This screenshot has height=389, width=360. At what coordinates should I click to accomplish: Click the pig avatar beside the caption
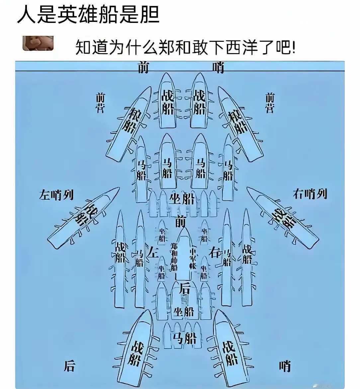(38, 43)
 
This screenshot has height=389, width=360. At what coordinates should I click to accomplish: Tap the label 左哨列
(56, 194)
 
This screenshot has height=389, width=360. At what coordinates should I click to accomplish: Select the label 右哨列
(310, 194)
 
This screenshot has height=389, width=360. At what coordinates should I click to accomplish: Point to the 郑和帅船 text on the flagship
(174, 256)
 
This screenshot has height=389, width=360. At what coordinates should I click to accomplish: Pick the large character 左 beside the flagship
(153, 252)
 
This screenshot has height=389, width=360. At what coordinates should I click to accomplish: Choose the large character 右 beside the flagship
(214, 253)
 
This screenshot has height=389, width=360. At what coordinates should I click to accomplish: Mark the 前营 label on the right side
(270, 103)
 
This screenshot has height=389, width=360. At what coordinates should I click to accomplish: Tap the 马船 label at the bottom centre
(185, 339)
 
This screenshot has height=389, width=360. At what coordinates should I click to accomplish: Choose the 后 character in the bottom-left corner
(69, 366)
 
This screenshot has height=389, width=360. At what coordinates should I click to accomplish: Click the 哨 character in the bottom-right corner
(285, 366)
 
